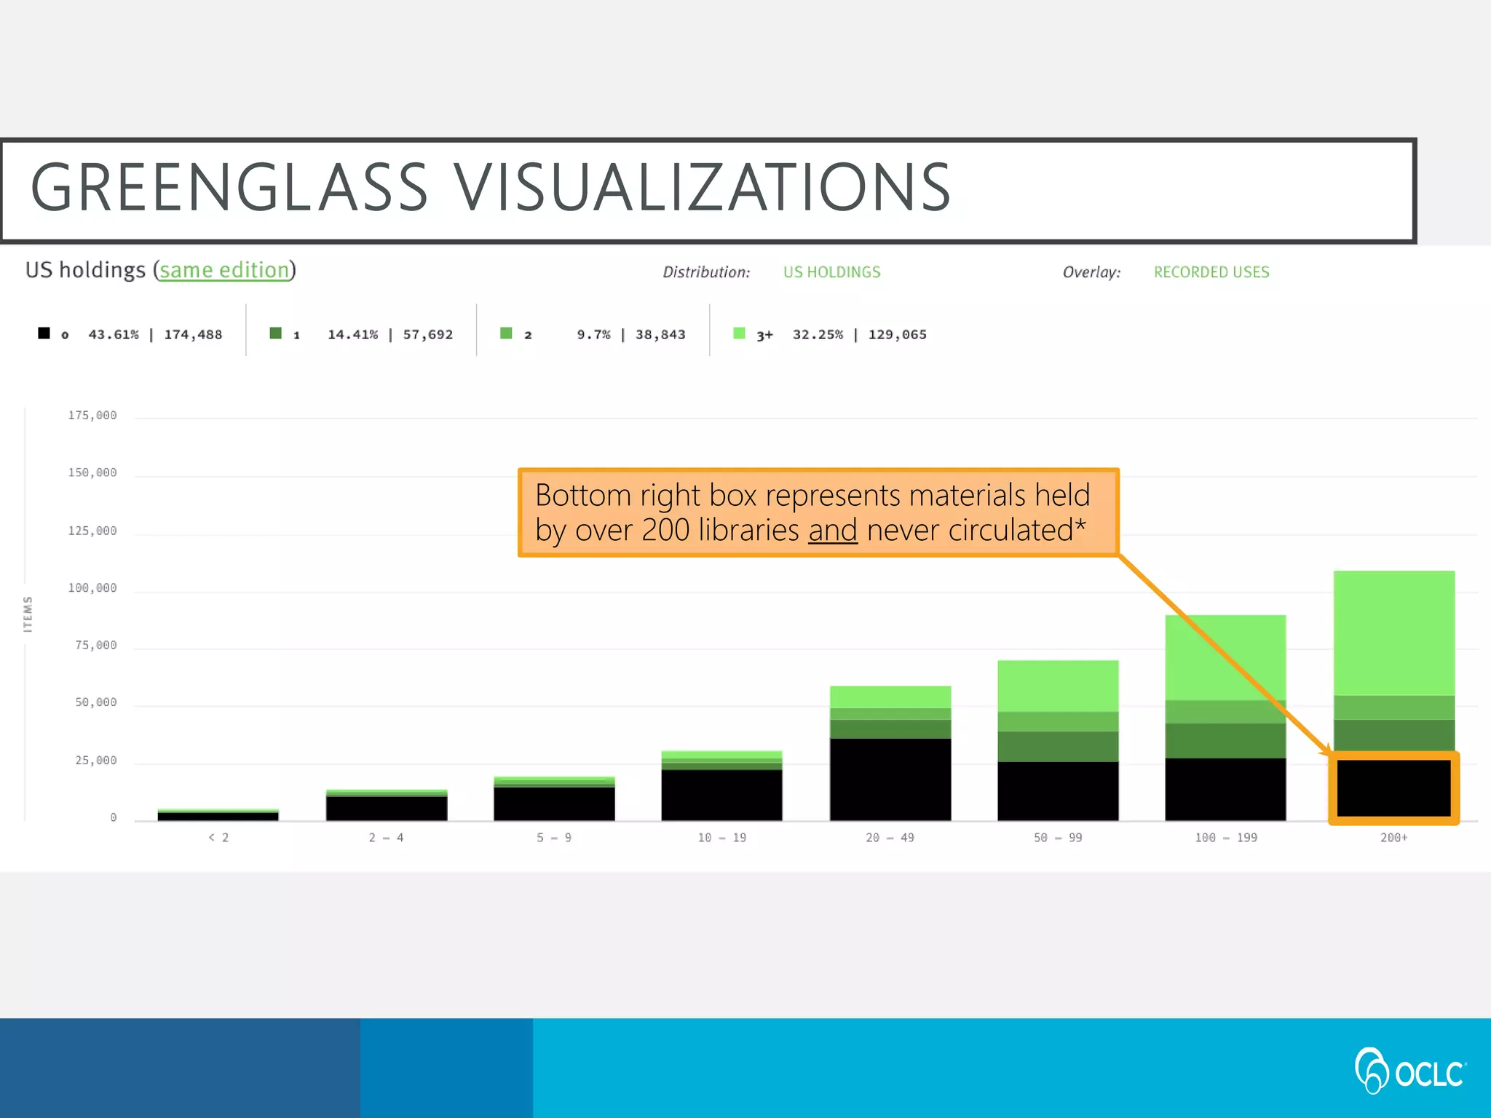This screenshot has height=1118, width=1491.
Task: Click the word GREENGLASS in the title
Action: tap(229, 188)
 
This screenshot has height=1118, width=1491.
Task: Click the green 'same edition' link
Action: tap(224, 270)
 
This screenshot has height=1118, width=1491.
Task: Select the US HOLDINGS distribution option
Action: tap(831, 272)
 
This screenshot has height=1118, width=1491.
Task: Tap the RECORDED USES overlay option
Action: tap(1211, 272)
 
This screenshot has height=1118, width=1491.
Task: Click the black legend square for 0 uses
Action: tap(44, 333)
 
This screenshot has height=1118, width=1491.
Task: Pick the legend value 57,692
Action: tap(427, 335)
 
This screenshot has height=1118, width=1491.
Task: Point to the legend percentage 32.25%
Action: tap(817, 335)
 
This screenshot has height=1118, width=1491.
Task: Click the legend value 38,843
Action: tap(660, 335)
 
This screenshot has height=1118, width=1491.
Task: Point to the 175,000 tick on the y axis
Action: tap(92, 416)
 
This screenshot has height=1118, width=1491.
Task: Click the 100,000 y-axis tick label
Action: tap(92, 588)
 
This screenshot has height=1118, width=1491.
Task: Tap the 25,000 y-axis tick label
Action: tap(95, 761)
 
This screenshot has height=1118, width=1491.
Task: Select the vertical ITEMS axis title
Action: tap(28, 614)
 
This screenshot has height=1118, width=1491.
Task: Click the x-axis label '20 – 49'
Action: tap(890, 838)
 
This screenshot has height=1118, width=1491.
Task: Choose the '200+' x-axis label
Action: tap(1393, 838)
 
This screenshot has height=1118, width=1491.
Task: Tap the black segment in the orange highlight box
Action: tap(1393, 788)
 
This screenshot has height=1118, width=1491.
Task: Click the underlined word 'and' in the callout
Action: tap(832, 531)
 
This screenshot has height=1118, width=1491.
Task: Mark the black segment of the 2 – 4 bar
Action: tap(386, 809)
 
